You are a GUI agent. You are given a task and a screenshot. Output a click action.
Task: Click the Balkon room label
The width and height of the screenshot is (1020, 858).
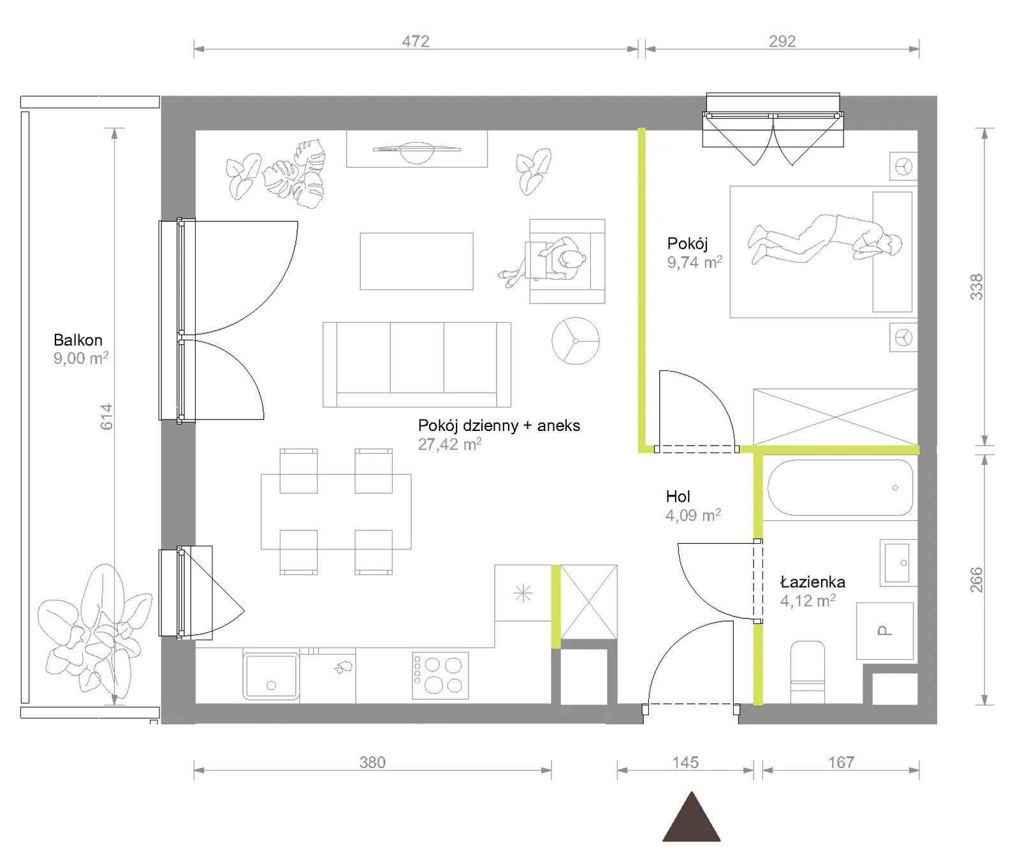point(78,340)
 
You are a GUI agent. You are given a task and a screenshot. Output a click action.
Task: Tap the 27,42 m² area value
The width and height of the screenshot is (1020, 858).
point(449,444)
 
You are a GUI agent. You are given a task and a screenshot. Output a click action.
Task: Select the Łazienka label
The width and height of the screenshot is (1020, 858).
point(813,581)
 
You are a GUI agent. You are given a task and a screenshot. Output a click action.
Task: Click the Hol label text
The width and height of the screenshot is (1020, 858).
point(678,496)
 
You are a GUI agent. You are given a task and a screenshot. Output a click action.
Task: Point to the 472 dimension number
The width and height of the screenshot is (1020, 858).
point(416,41)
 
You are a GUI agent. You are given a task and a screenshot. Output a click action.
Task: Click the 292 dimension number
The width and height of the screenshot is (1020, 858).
point(782,41)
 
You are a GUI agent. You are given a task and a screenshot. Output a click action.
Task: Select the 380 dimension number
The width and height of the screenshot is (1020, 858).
point(372,762)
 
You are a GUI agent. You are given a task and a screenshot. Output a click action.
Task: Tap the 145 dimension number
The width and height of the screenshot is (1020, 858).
point(685,762)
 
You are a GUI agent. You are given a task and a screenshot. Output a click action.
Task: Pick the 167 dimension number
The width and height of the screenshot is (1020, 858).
point(841,762)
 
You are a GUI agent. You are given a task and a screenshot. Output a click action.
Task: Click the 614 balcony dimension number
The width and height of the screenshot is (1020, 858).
point(106,416)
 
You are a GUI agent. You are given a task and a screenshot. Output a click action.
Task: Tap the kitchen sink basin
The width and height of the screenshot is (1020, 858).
point(271,676)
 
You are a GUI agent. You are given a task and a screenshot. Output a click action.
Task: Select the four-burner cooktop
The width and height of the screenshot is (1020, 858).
point(441,675)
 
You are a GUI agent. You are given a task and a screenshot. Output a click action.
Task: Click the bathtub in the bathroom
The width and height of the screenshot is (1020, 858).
point(840,488)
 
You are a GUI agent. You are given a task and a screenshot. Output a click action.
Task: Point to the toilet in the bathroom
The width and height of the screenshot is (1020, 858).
point(808,673)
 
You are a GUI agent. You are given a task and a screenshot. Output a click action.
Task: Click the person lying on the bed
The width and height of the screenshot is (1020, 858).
point(825,239)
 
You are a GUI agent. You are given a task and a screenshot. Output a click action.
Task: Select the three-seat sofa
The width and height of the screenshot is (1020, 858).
point(417,365)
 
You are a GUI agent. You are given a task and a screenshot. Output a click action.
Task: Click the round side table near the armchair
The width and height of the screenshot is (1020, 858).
point(576,341)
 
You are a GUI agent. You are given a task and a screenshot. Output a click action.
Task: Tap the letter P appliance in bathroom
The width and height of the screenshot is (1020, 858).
point(885,631)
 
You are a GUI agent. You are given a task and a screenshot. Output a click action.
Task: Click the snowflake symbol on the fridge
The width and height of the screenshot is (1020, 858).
point(523,594)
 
